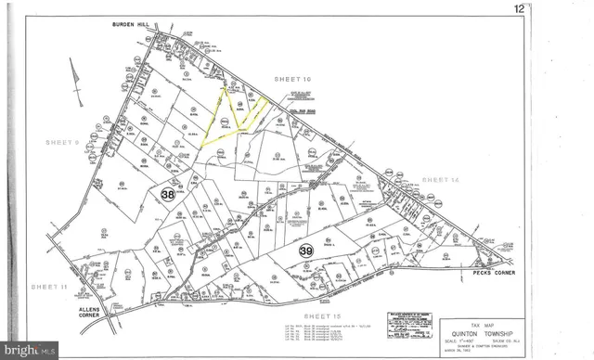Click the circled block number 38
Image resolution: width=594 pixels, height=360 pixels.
pos(167,195)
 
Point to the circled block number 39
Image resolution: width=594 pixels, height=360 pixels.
pos(305,250)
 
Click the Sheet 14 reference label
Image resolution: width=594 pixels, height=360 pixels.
pos(440,178)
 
